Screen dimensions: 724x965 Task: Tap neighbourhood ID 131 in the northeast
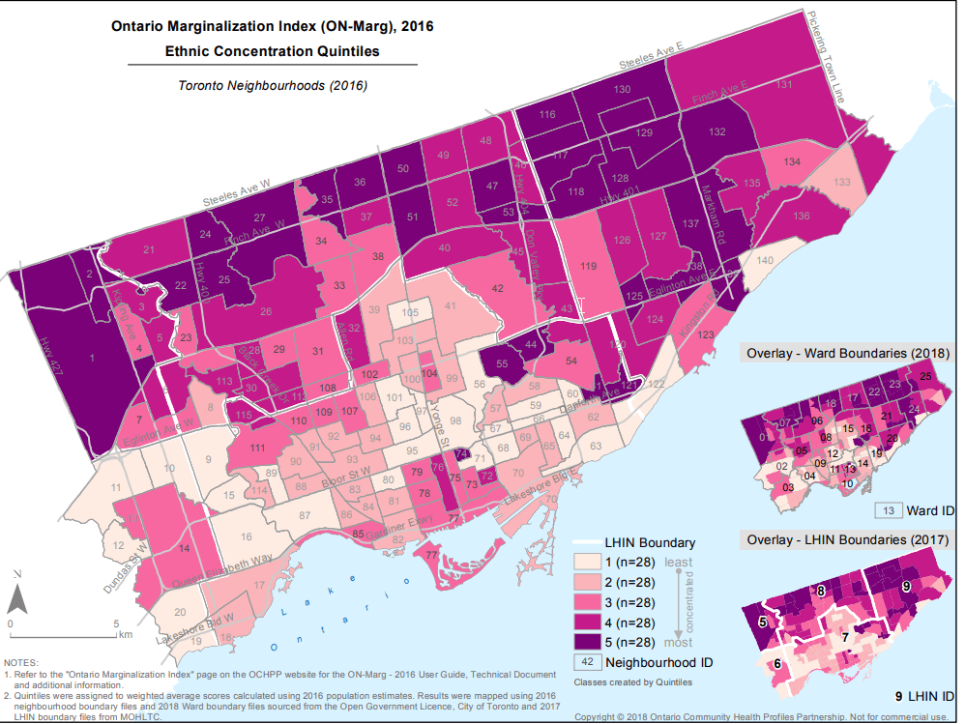(785, 86)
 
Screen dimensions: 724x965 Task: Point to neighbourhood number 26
(265, 311)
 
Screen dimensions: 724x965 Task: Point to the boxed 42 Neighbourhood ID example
(587, 662)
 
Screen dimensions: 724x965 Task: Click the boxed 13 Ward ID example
(887, 509)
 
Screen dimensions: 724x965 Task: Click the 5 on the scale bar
(115, 623)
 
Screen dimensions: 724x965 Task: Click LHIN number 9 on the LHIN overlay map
(906, 586)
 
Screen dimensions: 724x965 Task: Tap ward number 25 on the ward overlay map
(925, 376)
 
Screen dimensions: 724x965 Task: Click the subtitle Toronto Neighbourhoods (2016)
(273, 85)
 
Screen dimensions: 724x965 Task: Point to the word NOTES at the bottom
(20, 663)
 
